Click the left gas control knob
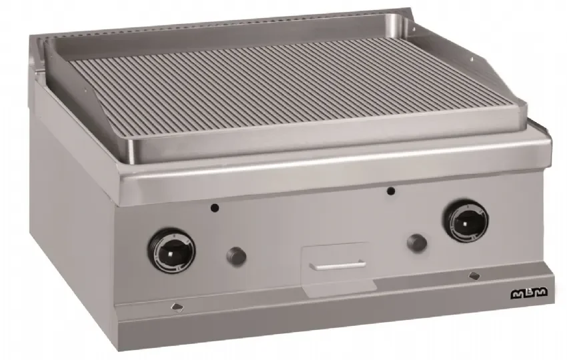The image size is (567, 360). pyautogui.click(x=171, y=251)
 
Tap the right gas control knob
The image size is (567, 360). pyautogui.click(x=466, y=221)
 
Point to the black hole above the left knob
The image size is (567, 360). pyautogui.click(x=215, y=208)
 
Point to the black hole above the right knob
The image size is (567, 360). pyautogui.click(x=390, y=191)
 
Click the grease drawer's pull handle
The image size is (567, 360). pyautogui.click(x=338, y=265)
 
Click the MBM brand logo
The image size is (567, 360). pyautogui.click(x=529, y=293)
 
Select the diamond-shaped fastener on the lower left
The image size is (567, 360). pyautogui.click(x=177, y=307)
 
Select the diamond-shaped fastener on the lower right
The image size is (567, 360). pyautogui.click(x=474, y=276)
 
